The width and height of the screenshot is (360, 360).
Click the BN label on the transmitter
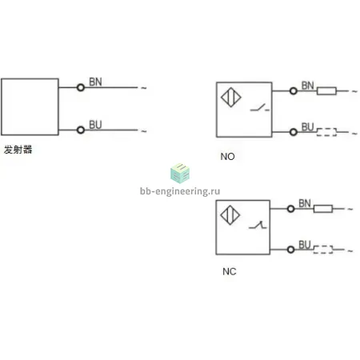95,82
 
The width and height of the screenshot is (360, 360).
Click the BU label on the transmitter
95,125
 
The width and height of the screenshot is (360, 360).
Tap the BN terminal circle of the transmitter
81,87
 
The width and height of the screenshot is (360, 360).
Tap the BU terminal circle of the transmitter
81,130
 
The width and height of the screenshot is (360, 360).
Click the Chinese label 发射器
18,150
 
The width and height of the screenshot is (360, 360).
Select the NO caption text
227,157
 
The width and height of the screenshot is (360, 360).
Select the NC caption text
230,272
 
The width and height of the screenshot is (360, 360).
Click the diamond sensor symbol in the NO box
231,98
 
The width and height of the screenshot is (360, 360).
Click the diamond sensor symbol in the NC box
230,215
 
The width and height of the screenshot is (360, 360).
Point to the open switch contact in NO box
260,107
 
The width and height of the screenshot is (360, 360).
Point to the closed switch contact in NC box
258,226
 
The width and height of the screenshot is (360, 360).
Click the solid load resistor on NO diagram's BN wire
326,91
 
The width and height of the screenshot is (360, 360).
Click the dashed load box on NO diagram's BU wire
326,132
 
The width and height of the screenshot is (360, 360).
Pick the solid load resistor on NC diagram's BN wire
323,209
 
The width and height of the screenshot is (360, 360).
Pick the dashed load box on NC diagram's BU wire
323,250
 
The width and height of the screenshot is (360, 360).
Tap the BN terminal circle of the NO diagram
294,91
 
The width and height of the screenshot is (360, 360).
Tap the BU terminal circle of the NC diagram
291,250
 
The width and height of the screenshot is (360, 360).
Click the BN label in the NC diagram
305,203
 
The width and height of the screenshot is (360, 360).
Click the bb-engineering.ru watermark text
180,191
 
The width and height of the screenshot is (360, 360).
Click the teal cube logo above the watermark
180,174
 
